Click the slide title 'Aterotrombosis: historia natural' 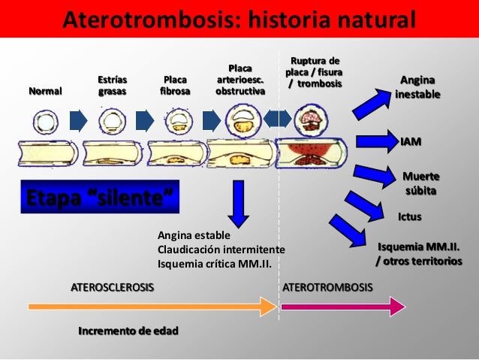(x=239, y=18)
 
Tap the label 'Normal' (x=45, y=91)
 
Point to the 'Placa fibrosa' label (x=175, y=85)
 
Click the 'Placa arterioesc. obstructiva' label (x=240, y=79)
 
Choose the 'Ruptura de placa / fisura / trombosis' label (x=314, y=71)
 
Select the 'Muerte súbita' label (x=421, y=183)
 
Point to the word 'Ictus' (x=409, y=216)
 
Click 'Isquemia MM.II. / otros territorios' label (x=419, y=253)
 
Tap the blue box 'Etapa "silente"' (x=98, y=199)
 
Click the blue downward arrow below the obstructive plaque (x=239, y=203)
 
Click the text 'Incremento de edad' (x=128, y=331)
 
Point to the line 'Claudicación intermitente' (x=221, y=249)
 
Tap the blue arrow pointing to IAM (x=375, y=141)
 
